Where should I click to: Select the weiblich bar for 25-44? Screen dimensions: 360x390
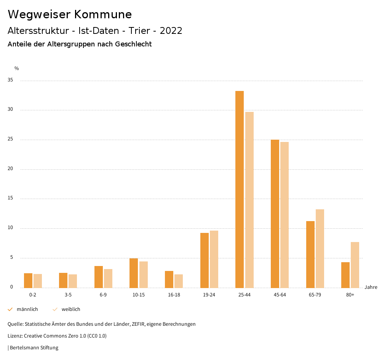(249, 200)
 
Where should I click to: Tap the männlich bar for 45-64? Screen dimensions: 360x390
(275, 213)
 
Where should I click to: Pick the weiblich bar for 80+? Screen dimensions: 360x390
(355, 265)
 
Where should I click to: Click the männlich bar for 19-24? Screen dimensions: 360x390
(205, 260)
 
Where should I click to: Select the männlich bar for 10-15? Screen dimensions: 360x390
(134, 273)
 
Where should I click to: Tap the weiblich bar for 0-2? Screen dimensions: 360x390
(38, 281)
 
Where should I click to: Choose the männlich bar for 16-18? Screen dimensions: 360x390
(169, 279)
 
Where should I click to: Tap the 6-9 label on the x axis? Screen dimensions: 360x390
(103, 295)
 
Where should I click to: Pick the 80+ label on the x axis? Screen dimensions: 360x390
(350, 295)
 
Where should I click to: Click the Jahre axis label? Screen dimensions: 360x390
(371, 287)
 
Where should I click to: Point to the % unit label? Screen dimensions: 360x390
(17, 68)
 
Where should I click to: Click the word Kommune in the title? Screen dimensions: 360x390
(103, 14)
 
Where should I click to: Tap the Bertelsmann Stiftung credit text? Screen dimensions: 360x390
(34, 347)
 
